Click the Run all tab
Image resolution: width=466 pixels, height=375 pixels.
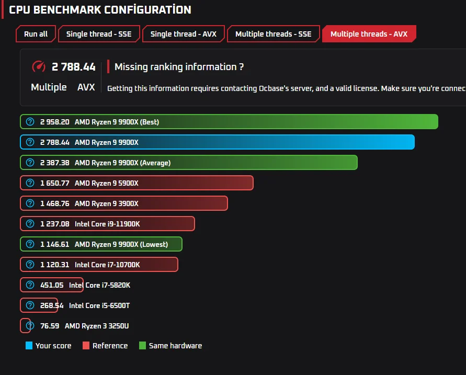[36, 34]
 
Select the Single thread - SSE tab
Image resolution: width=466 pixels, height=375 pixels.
[99, 34]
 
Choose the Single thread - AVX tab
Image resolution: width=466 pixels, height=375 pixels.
[184, 34]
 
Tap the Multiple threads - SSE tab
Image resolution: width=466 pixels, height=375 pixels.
[274, 34]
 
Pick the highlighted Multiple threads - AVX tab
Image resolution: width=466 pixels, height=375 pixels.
[369, 34]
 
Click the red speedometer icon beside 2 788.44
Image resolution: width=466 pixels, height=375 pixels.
[39, 66]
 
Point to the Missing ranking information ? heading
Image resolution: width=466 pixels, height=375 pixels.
[179, 67]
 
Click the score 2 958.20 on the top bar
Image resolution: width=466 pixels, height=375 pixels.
[55, 122]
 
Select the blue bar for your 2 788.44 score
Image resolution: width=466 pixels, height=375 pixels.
[217, 142]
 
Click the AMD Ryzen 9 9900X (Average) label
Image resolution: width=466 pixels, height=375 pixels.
[122, 163]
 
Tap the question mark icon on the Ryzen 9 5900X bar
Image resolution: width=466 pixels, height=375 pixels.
[30, 183]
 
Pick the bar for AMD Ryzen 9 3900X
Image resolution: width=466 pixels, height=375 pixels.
[124, 203]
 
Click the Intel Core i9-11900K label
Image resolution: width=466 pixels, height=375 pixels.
[107, 224]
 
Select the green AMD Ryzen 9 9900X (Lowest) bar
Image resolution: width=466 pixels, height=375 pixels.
[101, 244]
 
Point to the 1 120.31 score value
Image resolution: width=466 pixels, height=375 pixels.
[55, 265]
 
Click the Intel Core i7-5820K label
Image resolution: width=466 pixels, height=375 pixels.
[99, 285]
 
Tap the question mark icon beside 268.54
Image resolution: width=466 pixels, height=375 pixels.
[30, 305]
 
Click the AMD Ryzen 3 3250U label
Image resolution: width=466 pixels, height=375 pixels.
[97, 326]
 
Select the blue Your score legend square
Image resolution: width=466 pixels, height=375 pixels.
[29, 345]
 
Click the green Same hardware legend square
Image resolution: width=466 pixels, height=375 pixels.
[142, 345]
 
